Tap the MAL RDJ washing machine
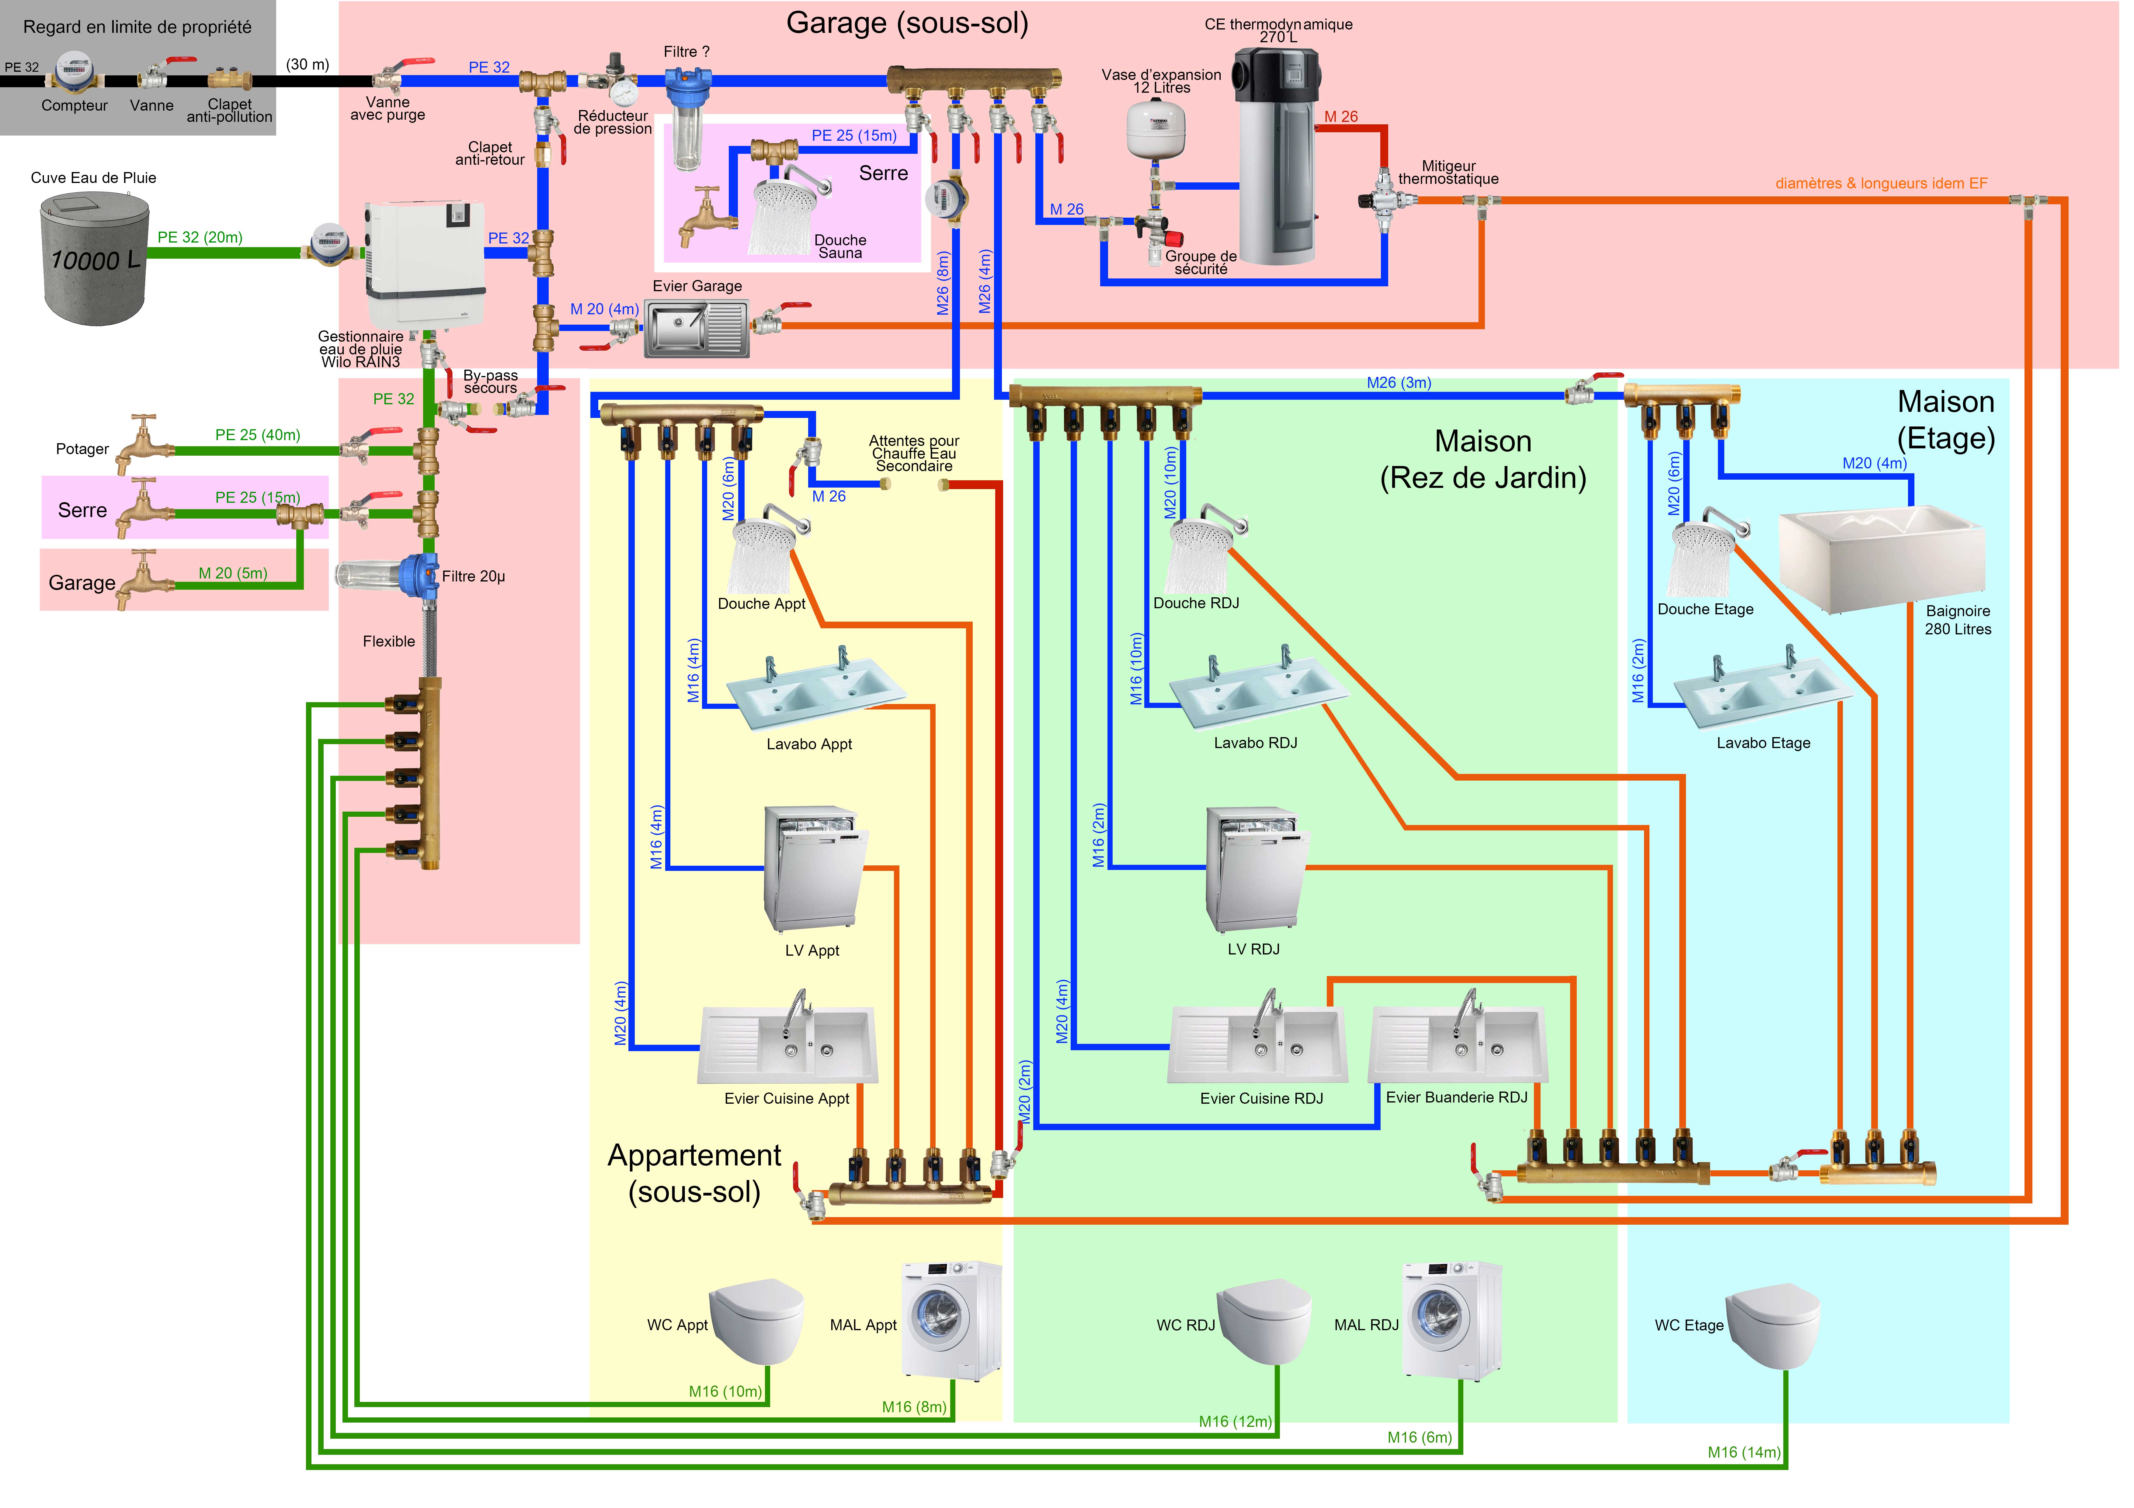[x=1452, y=1319]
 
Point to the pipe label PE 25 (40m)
[x=257, y=435]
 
